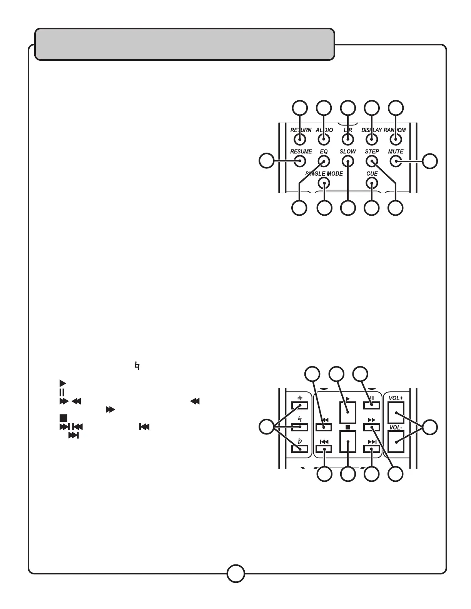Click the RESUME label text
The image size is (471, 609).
[301, 151]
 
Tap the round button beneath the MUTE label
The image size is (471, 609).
[396, 161]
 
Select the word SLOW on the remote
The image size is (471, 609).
[348, 151]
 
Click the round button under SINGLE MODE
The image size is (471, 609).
[324, 183]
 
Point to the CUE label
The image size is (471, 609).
[372, 174]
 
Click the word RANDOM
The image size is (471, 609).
[395, 130]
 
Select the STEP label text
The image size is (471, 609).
[372, 151]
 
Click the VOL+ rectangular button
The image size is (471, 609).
[396, 413]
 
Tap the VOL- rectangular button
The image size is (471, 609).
[396, 442]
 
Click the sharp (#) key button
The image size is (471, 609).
[300, 405]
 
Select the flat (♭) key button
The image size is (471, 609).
[300, 449]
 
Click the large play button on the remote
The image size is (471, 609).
[347, 413]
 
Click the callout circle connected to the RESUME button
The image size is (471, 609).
[266, 161]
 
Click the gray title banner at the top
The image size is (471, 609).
[185, 44]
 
